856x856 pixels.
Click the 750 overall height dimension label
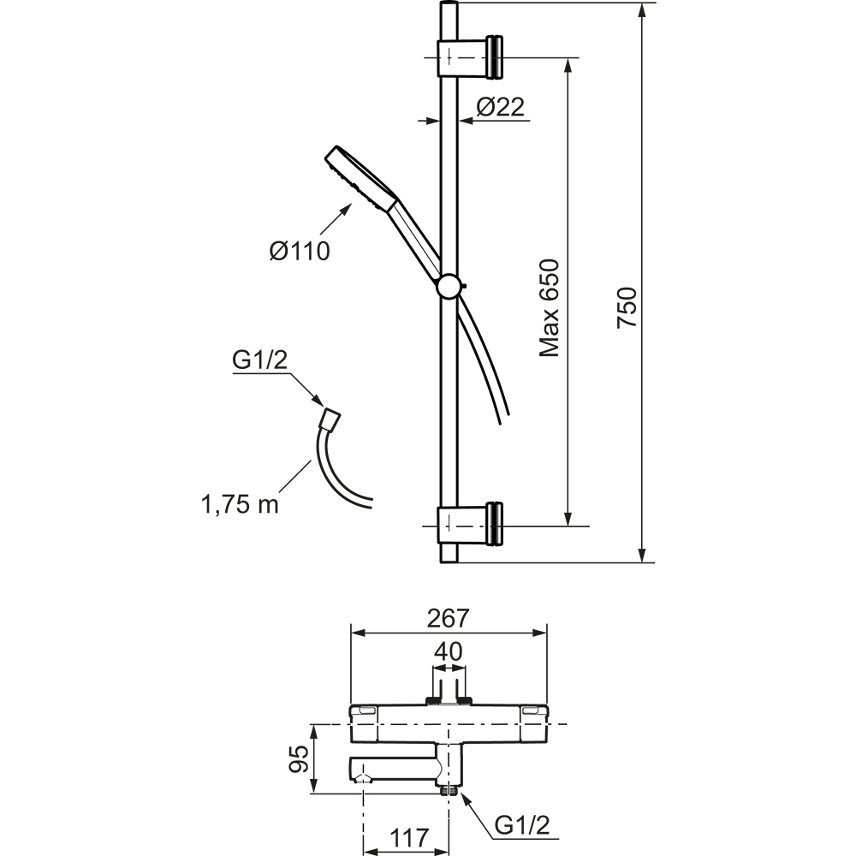click(x=627, y=308)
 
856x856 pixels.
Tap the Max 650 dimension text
click(x=550, y=308)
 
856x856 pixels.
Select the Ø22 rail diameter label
click(x=500, y=106)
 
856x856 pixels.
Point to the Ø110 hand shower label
click(x=300, y=251)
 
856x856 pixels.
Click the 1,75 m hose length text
click(x=241, y=504)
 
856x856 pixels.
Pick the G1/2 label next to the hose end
click(x=260, y=361)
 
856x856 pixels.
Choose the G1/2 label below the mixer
click(x=522, y=825)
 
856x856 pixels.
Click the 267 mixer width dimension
click(x=449, y=618)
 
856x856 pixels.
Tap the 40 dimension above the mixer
click(x=449, y=651)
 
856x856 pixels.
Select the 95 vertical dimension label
click(x=299, y=758)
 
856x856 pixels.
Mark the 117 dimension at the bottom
click(x=409, y=837)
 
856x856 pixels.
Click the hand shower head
click(x=362, y=179)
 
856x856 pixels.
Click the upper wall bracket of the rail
click(x=470, y=56)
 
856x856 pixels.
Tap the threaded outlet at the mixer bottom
click(x=449, y=790)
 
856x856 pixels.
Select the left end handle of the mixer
click(x=364, y=723)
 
